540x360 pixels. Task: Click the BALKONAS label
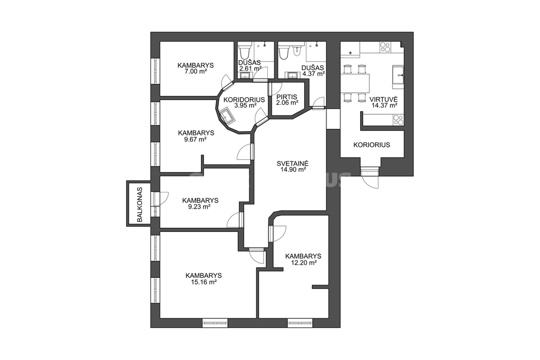[139, 204]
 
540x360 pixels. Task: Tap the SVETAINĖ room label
[292, 163]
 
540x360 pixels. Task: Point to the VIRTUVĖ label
[384, 100]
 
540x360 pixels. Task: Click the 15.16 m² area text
[204, 282]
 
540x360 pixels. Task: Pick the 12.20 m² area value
[303, 262]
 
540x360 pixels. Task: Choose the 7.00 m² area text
[196, 72]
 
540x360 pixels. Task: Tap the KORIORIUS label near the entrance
[372, 145]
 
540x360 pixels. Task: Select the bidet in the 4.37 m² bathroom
[297, 51]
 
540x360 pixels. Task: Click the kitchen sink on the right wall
[399, 74]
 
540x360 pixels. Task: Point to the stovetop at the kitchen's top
[385, 47]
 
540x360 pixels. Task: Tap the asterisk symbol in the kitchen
[350, 53]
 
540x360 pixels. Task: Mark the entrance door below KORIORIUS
[370, 176]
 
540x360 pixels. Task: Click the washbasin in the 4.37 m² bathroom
[293, 75]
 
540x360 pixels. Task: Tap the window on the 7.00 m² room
[156, 71]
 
